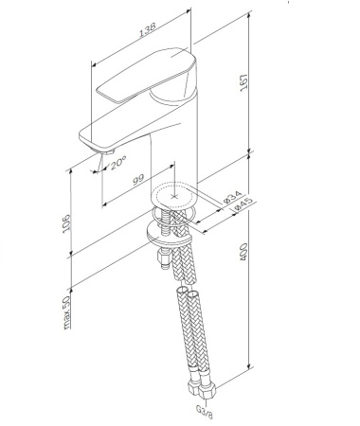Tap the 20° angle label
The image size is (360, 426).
click(x=117, y=164)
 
